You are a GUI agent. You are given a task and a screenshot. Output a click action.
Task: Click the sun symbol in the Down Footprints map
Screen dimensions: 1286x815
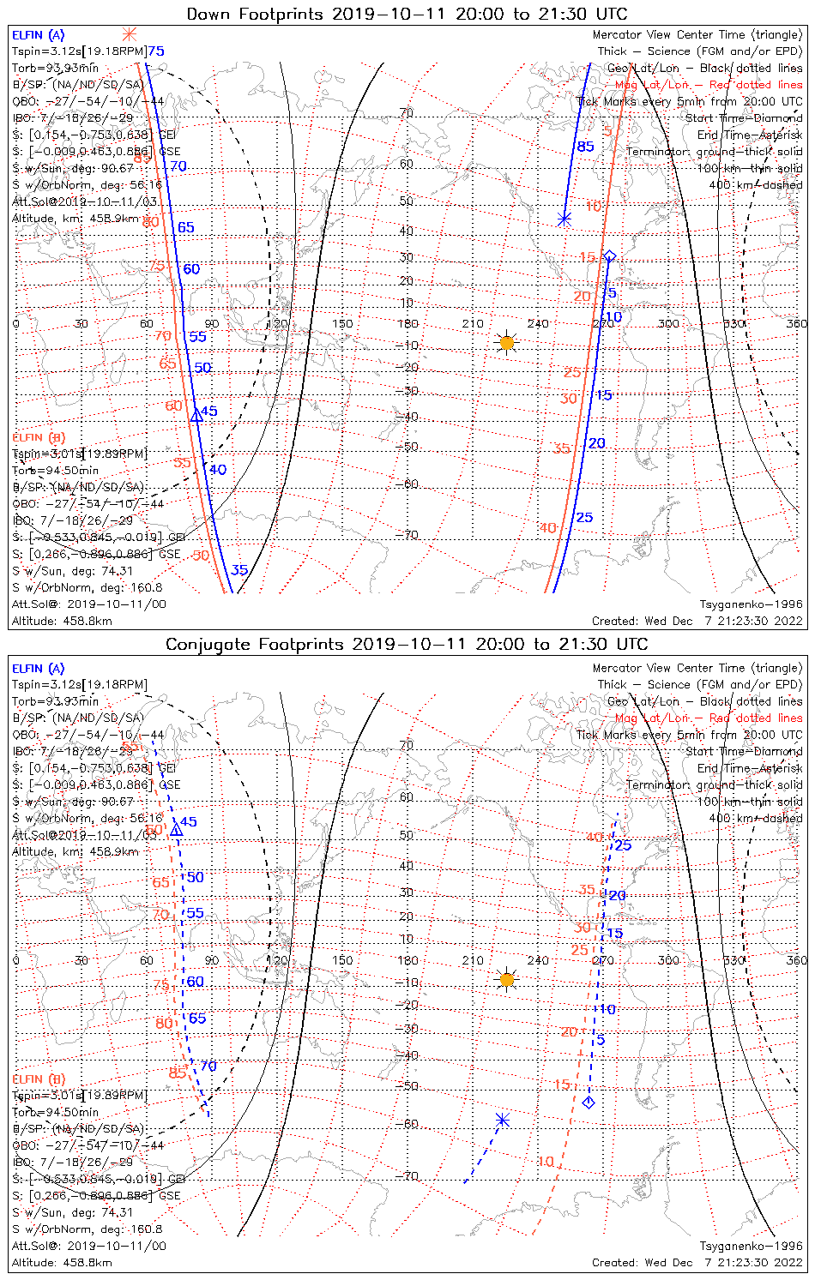pyautogui.click(x=506, y=343)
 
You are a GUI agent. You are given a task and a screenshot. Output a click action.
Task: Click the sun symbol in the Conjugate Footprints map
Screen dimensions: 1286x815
pyautogui.click(x=507, y=979)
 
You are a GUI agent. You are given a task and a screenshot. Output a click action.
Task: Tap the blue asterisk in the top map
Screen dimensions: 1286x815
pyautogui.click(x=564, y=219)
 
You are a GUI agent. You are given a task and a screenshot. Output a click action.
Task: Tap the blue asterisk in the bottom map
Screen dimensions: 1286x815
pyautogui.click(x=503, y=1120)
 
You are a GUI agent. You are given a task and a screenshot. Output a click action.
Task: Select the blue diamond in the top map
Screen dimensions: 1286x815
pyautogui.click(x=609, y=255)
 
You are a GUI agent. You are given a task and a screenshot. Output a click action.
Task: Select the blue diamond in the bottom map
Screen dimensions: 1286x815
pyautogui.click(x=589, y=1103)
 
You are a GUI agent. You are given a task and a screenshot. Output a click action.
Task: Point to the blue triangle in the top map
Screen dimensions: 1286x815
pyautogui.click(x=196, y=415)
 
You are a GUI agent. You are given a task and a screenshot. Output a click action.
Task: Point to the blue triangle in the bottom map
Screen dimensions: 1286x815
pyautogui.click(x=176, y=830)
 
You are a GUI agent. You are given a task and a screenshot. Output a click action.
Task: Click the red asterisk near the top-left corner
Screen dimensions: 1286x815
pyautogui.click(x=129, y=34)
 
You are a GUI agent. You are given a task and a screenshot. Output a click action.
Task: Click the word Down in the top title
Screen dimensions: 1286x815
pyautogui.click(x=208, y=14)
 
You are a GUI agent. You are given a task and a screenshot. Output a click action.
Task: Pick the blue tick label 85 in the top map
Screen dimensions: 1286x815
pyautogui.click(x=585, y=147)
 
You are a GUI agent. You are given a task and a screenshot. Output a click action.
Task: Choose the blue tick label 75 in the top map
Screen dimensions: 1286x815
pyautogui.click(x=155, y=51)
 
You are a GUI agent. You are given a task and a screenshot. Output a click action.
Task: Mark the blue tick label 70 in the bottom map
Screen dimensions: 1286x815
pyautogui.click(x=208, y=1067)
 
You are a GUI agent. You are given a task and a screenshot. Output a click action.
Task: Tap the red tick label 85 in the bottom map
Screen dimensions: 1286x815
pyautogui.click(x=178, y=1072)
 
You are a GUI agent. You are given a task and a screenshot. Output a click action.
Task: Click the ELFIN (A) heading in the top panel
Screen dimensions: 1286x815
pyautogui.click(x=38, y=35)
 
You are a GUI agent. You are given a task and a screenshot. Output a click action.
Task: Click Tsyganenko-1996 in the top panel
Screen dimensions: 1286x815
pyautogui.click(x=751, y=604)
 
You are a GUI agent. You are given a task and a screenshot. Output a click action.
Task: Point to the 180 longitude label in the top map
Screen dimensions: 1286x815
pyautogui.click(x=407, y=323)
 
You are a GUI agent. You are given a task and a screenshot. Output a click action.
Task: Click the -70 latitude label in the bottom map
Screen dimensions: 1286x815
pyautogui.click(x=408, y=1176)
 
